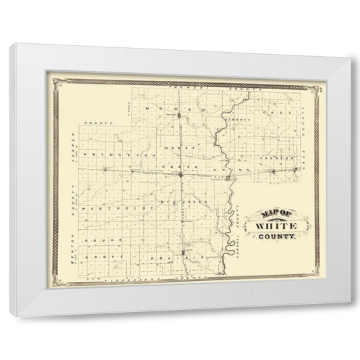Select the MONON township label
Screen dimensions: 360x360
[177, 107]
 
